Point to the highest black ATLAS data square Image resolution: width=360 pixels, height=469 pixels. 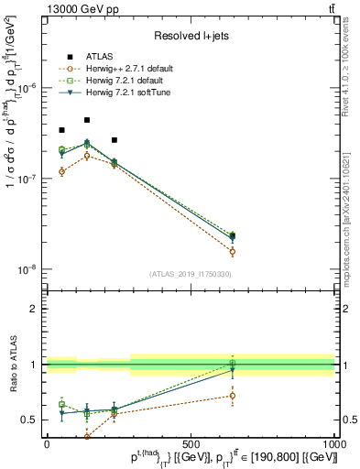pos(87,120)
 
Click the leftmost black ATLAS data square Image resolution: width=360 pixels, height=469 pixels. pos(61,130)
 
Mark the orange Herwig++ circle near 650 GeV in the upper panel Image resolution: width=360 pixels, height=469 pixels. pos(233,251)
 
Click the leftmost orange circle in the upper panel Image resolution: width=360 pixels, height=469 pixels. pos(61,171)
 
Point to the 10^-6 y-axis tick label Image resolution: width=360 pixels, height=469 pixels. pos(27,88)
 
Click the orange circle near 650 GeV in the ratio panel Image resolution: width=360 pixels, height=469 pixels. pos(233,396)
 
